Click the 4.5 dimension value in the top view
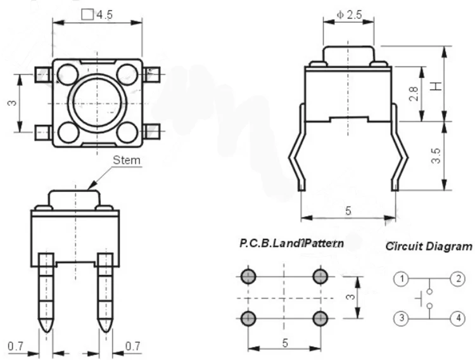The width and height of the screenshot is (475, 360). [104, 15]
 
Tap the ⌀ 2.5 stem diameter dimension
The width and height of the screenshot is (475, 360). [349, 15]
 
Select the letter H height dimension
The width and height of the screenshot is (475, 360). [436, 86]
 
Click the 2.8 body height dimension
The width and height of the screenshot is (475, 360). [414, 94]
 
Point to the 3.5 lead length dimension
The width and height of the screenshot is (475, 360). [436, 156]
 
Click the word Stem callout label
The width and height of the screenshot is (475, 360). [127, 160]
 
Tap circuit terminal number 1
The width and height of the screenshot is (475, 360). [402, 278]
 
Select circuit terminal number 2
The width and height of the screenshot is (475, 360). [458, 278]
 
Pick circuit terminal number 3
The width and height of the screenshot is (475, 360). [402, 318]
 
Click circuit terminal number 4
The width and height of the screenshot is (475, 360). [458, 318]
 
